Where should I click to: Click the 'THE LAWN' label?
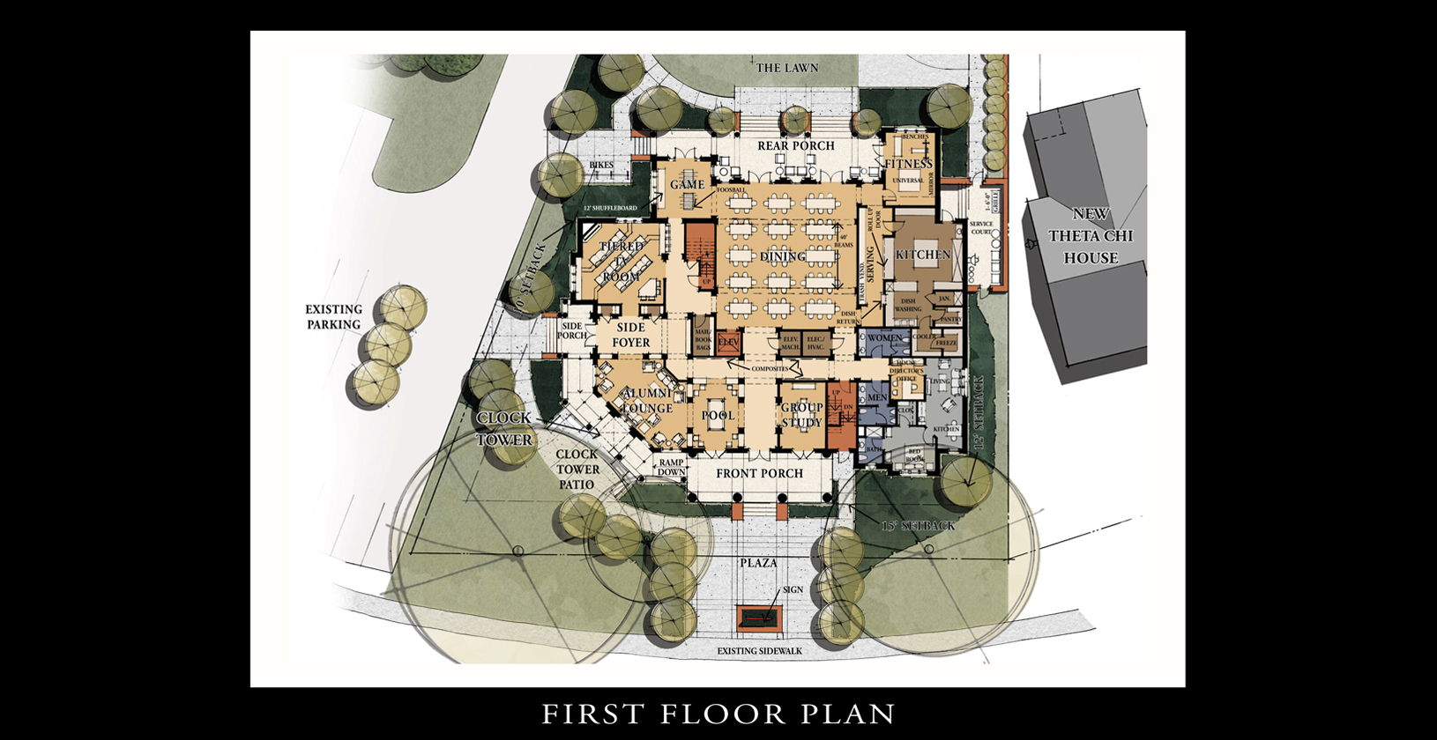(x=786, y=68)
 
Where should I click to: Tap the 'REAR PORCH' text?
(x=795, y=146)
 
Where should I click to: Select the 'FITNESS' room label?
(x=908, y=165)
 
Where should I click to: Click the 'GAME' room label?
(x=687, y=185)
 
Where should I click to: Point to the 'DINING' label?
(x=783, y=256)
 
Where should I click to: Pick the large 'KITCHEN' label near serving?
(x=923, y=255)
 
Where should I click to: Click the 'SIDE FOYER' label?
(x=630, y=335)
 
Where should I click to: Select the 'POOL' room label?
(x=718, y=415)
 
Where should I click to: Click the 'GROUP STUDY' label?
(x=801, y=415)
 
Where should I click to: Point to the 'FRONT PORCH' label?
(x=759, y=474)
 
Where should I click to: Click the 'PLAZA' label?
(x=758, y=563)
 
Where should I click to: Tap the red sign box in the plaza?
(x=758, y=619)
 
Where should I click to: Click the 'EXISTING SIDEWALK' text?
(x=759, y=651)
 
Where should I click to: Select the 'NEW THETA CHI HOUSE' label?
(x=1091, y=236)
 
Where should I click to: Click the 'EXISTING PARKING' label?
(x=333, y=317)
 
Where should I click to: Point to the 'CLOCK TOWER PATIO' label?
(x=577, y=470)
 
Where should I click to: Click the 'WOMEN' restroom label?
(x=884, y=338)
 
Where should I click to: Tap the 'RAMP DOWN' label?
(x=671, y=467)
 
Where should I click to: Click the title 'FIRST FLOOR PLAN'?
(x=718, y=714)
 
